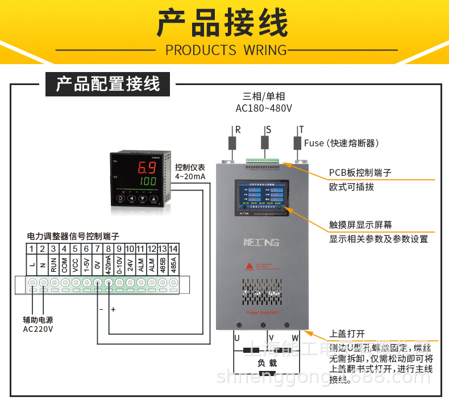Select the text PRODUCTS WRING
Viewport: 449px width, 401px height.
click(x=226, y=50)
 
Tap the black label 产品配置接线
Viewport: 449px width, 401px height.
click(x=108, y=85)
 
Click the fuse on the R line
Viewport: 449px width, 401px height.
click(x=232, y=142)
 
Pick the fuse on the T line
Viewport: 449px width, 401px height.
click(x=297, y=142)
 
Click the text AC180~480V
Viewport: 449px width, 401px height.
click(x=264, y=108)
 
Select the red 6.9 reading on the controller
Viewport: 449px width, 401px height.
click(x=148, y=168)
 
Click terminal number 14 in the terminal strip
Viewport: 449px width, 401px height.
click(x=173, y=248)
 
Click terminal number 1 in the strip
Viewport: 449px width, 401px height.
click(x=32, y=248)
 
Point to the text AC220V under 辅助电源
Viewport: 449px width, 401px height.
click(x=38, y=329)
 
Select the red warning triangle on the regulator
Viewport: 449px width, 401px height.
click(x=249, y=265)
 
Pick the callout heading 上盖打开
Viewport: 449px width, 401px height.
click(x=347, y=334)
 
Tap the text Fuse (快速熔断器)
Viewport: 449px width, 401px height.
click(x=341, y=143)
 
